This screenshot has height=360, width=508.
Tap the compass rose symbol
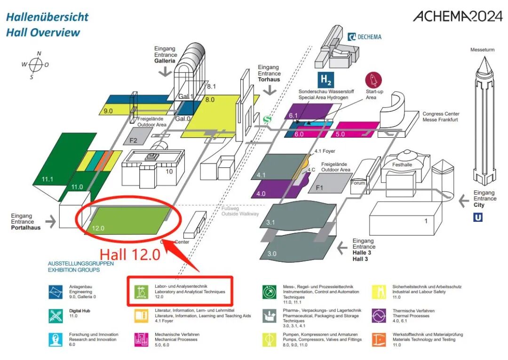click(35, 64)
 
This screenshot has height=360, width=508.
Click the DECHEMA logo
click(365, 37)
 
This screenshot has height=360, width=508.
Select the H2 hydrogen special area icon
click(326, 79)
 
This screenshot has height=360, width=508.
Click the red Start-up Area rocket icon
click(374, 79)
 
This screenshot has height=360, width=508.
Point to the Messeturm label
click(484, 50)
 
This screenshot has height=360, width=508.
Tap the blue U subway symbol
click(478, 217)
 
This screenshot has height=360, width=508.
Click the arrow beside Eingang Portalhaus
click(50, 220)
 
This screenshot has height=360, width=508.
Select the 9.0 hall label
click(108, 111)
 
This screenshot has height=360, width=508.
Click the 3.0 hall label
click(272, 254)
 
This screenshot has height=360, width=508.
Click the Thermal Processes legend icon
click(379, 315)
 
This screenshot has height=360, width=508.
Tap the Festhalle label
click(402, 165)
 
